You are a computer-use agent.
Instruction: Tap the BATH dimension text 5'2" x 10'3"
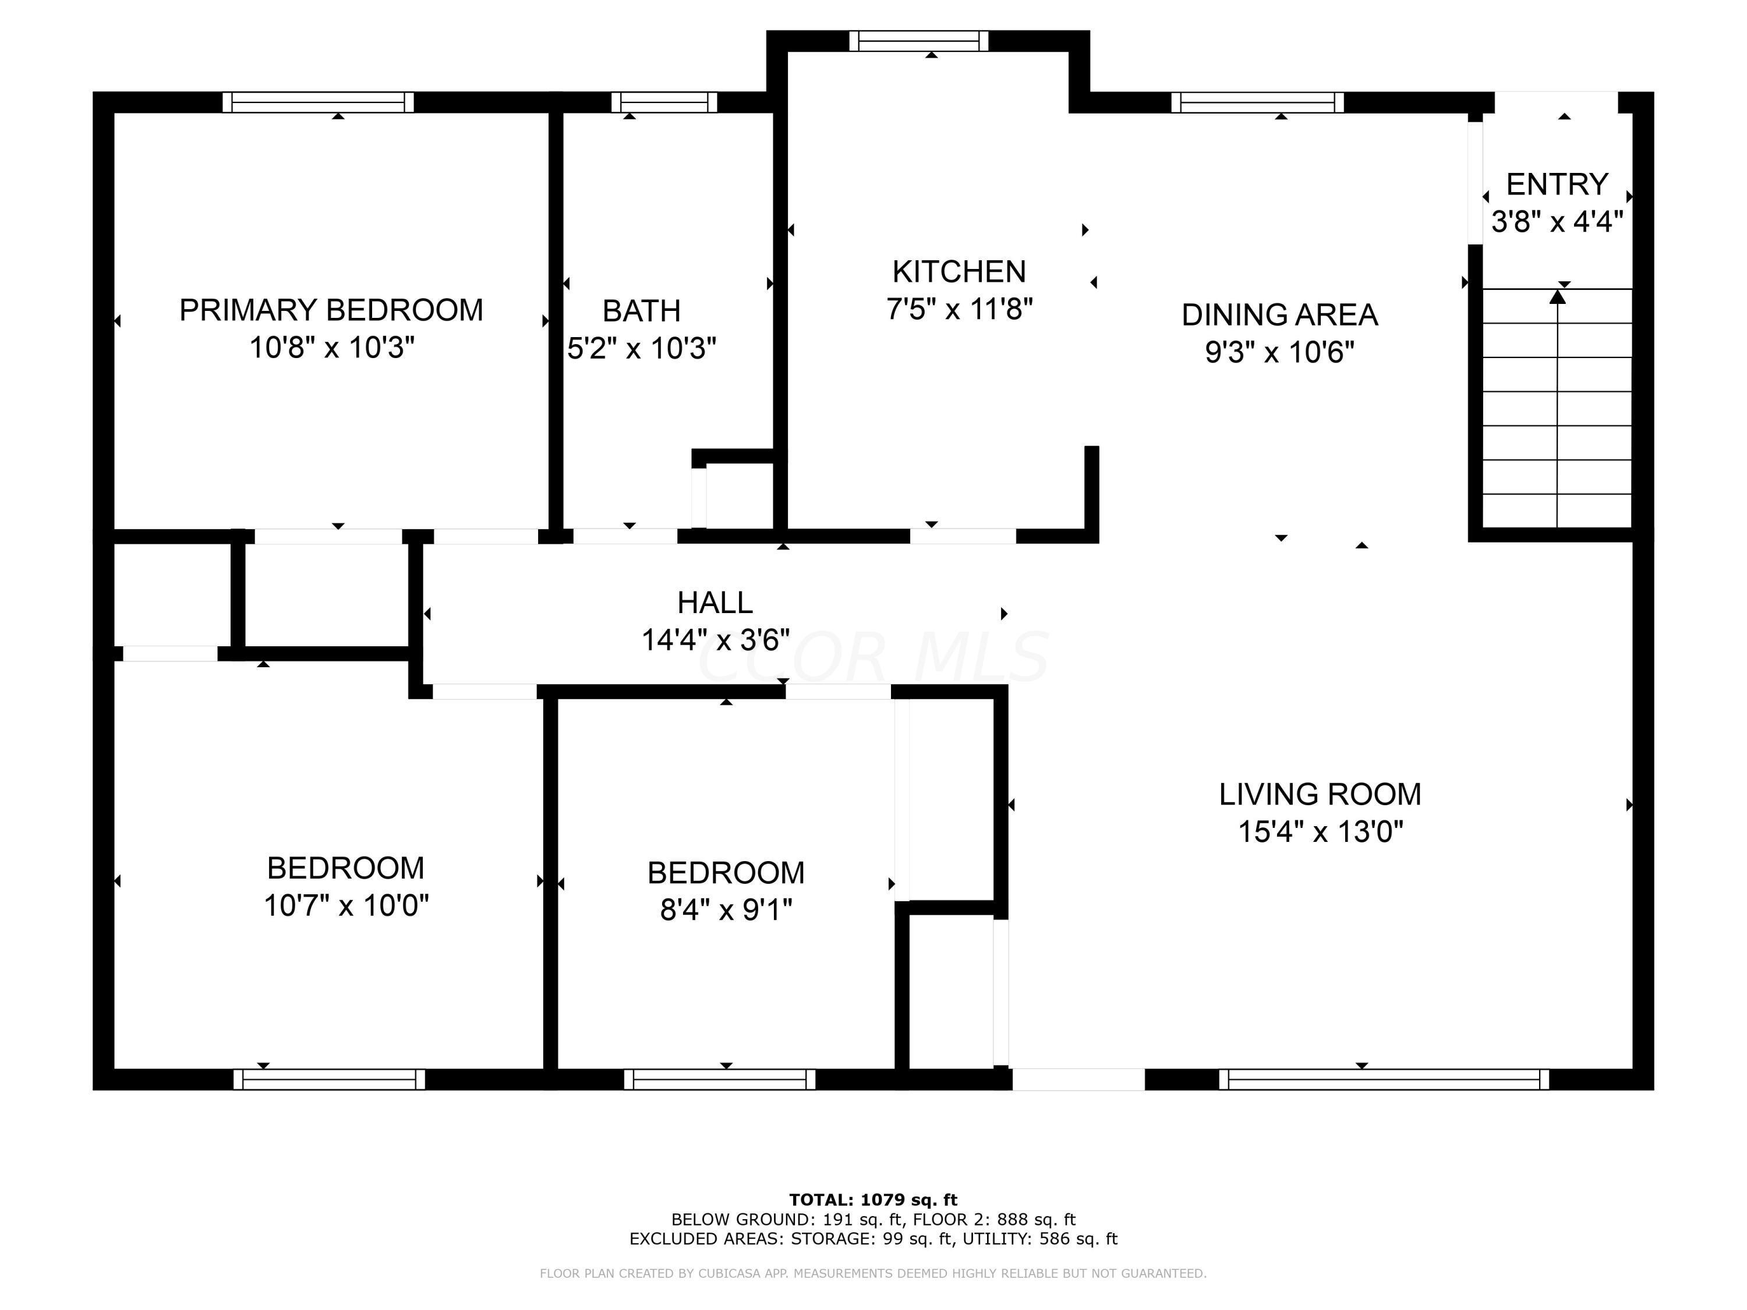tap(641, 348)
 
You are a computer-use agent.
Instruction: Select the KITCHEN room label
tap(959, 272)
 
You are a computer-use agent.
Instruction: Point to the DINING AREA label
tap(1279, 315)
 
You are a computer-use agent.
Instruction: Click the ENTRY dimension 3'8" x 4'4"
tap(1557, 222)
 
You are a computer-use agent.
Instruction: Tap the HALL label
tap(715, 603)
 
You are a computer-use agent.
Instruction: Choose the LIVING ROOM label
tap(1320, 794)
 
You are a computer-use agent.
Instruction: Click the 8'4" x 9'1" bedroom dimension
tap(726, 911)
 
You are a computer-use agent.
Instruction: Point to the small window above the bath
tap(664, 102)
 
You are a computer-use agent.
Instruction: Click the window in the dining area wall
tap(1257, 102)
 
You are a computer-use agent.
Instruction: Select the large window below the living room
tap(1384, 1079)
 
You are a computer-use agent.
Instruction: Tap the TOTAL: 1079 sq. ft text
tap(873, 1200)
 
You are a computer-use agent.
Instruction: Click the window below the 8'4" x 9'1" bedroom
tap(720, 1079)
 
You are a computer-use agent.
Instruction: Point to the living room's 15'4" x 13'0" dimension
tap(1320, 832)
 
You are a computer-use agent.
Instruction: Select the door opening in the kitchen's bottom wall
tap(963, 536)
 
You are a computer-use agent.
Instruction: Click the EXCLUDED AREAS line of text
tap(873, 1239)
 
